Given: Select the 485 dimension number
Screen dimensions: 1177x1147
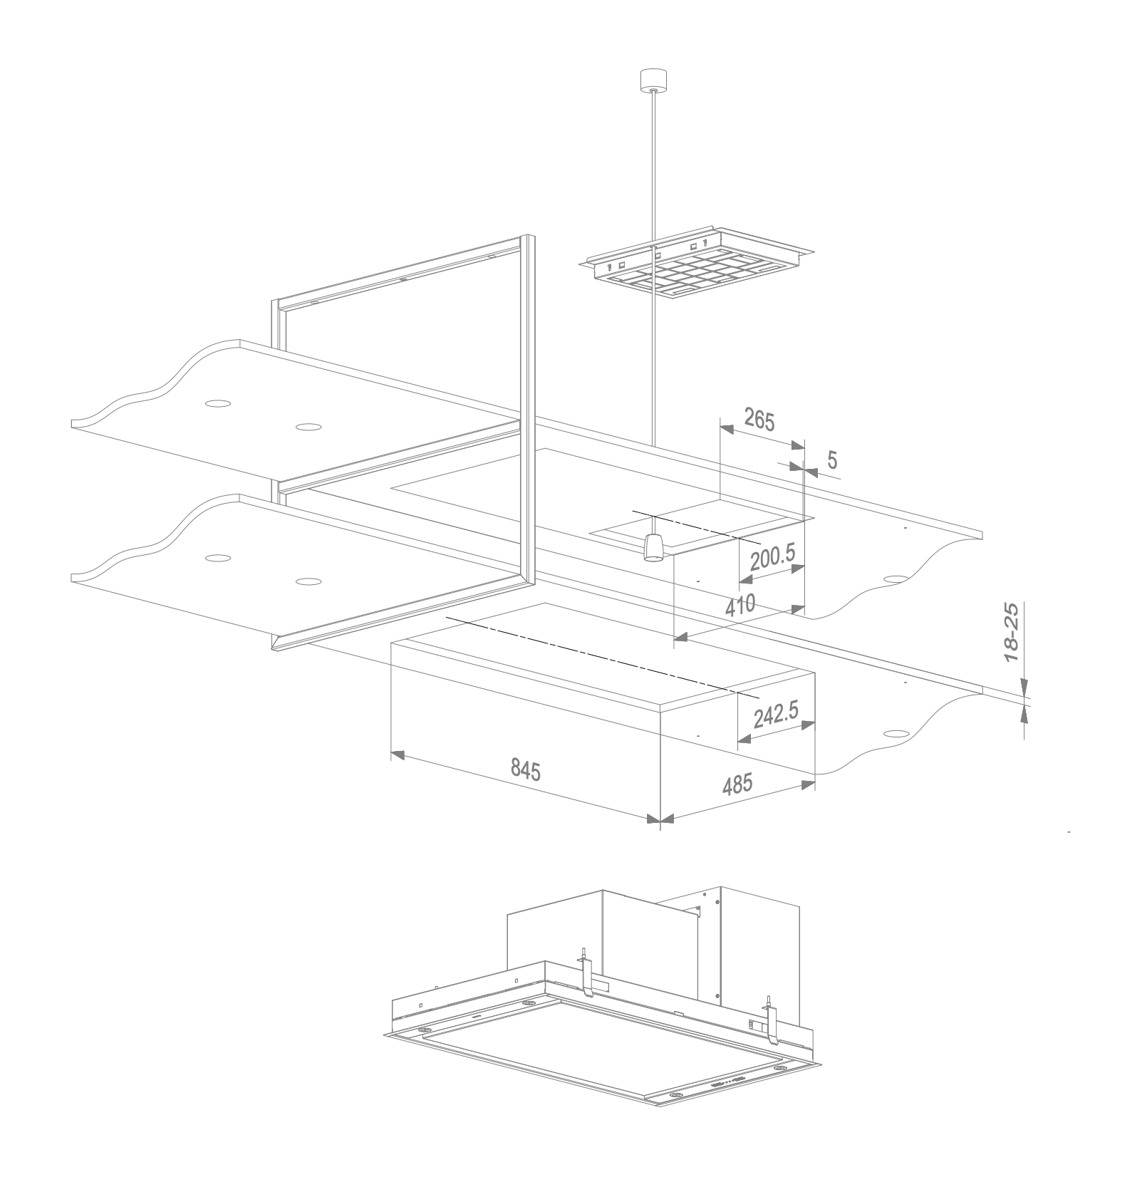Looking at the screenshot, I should pyautogui.click(x=737, y=784).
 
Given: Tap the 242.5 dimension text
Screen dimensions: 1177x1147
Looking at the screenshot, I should pyautogui.click(x=775, y=715).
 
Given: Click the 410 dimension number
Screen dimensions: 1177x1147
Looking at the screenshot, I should pyautogui.click(x=740, y=607).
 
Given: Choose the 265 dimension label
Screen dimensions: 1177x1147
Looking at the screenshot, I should pyautogui.click(x=758, y=420).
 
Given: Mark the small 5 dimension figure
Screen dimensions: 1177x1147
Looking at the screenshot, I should pyautogui.click(x=832, y=460).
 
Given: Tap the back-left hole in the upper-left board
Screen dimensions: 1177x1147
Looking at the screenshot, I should pyautogui.click(x=217, y=403).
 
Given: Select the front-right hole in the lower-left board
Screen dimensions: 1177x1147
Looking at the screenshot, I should pyautogui.click(x=307, y=581).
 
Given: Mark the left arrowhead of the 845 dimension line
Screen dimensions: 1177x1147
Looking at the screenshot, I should pyautogui.click(x=398, y=755).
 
